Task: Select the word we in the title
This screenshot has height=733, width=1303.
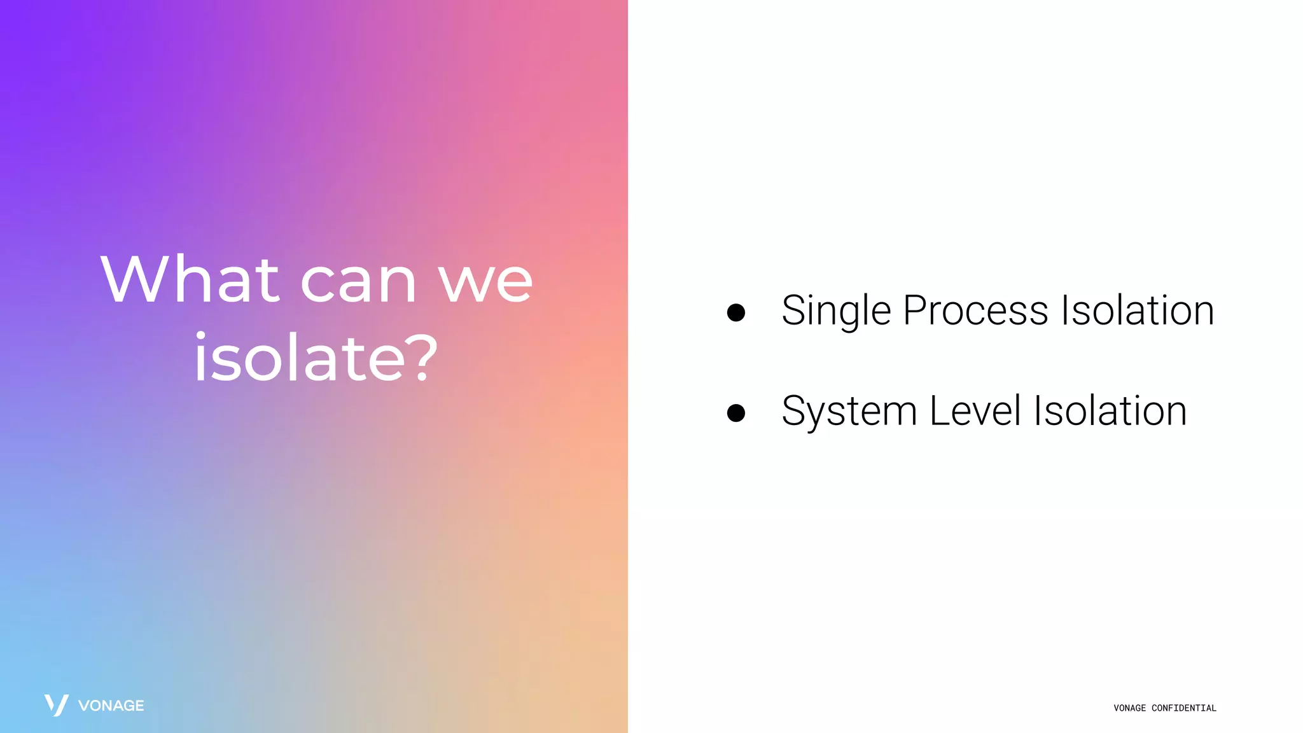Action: coord(485,283)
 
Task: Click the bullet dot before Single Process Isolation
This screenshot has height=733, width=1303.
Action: coord(736,312)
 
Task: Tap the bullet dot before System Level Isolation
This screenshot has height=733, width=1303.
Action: coord(736,413)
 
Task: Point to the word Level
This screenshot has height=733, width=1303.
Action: coord(975,411)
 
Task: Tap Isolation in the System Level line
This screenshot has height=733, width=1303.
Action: coord(1110,411)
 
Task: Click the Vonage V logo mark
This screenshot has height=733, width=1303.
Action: coord(56,705)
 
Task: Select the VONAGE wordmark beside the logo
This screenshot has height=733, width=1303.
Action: coord(111,706)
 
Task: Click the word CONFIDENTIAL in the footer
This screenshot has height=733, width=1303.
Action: coord(1183,708)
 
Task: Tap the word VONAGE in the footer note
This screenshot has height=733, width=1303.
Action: coord(1129,708)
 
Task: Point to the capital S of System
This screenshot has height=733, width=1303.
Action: coord(795,411)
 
